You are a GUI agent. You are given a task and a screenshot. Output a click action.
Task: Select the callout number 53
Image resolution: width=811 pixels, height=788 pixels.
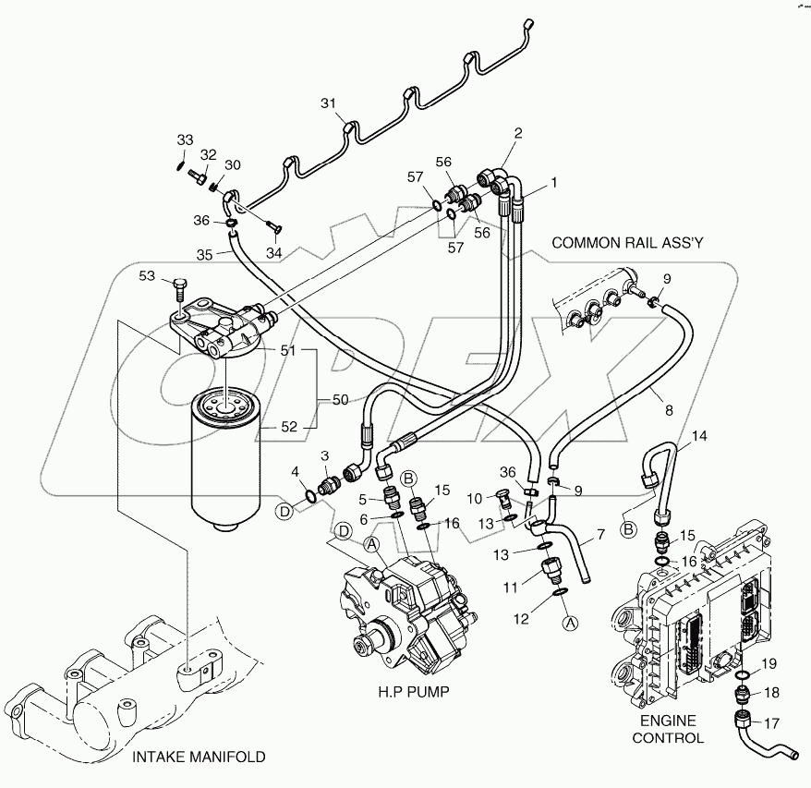coord(147,274)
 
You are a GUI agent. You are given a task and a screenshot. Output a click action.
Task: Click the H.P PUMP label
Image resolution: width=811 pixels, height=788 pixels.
coord(411,692)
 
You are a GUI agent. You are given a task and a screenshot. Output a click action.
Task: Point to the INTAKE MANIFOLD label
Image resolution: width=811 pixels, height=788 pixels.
coord(199,757)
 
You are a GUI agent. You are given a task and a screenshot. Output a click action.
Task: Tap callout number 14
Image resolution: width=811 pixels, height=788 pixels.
coord(699,434)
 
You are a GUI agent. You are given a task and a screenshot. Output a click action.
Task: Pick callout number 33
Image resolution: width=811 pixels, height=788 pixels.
coord(186,139)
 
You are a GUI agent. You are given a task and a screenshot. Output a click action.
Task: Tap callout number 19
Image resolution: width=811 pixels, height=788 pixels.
coord(769,663)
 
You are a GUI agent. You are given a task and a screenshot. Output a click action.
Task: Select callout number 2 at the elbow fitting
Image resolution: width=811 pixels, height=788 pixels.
coord(518,133)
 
